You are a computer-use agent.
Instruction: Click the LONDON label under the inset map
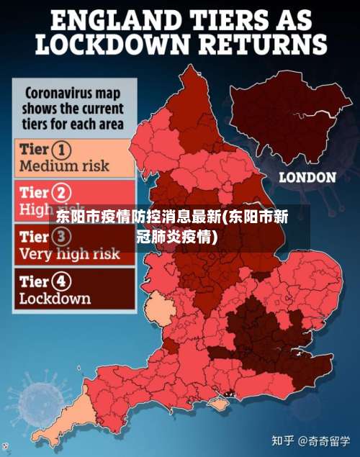point(307,177)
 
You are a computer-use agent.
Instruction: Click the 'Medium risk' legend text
point(64,166)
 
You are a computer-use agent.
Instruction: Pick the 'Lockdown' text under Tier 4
point(55,298)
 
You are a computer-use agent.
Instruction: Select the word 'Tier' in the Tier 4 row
point(35,281)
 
